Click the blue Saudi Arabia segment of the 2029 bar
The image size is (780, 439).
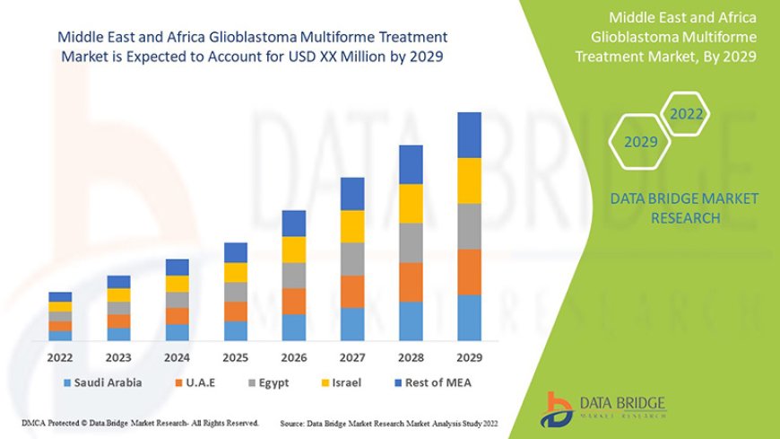(x=470, y=318)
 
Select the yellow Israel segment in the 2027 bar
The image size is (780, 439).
(x=352, y=226)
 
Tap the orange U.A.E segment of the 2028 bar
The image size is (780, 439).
(x=411, y=282)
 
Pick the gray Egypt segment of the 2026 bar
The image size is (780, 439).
(x=294, y=275)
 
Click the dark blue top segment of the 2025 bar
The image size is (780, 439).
(x=236, y=252)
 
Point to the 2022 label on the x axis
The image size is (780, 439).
(x=60, y=357)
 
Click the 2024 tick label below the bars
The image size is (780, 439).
(x=178, y=357)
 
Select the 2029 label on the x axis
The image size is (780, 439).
(x=470, y=357)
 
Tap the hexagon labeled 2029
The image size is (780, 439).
(x=640, y=142)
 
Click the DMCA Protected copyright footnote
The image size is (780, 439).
(x=139, y=423)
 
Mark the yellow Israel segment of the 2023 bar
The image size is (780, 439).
(x=118, y=295)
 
